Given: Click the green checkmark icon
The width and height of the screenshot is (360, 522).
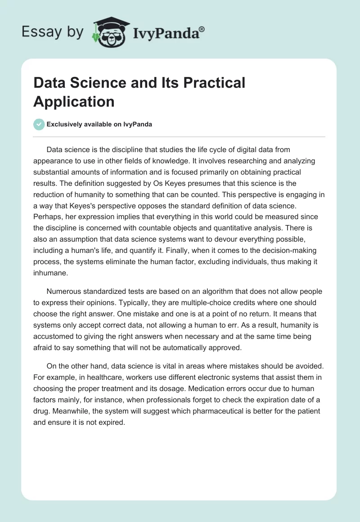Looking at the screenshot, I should (39, 124).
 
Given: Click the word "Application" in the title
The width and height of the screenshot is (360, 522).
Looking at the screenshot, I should (74, 101).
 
